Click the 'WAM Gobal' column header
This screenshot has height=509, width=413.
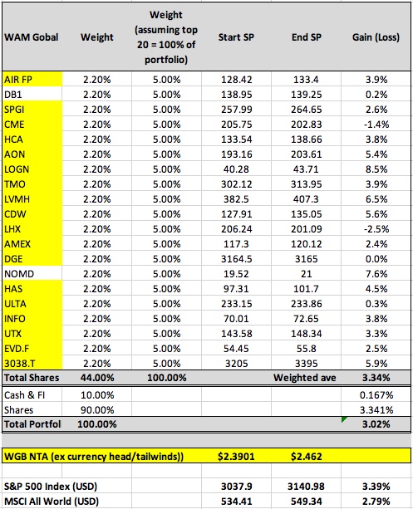[32, 37]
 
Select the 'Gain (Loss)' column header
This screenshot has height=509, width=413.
[376, 37]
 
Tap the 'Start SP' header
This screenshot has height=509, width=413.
[236, 37]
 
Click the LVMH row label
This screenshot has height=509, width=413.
[17, 199]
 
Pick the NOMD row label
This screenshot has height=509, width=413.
[19, 274]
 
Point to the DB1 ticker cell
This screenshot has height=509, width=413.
[12, 95]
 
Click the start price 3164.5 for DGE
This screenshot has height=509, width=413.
[236, 259]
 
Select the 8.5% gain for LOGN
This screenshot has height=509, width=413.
[376, 169]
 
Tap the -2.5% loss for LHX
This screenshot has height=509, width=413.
[376, 229]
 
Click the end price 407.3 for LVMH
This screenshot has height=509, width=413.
[306, 199]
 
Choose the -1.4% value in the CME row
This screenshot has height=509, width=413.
[376, 125]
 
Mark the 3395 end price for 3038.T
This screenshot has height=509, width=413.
[306, 364]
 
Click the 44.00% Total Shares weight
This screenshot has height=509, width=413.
[97, 378]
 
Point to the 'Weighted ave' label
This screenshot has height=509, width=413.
[304, 378]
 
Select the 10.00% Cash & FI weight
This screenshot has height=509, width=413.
[97, 395]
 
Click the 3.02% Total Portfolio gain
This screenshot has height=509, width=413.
[376, 424]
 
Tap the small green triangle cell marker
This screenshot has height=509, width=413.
[343, 419]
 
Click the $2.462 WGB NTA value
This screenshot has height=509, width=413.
[306, 457]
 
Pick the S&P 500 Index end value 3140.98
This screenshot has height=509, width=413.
[306, 487]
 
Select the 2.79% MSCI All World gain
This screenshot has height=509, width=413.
[376, 502]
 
